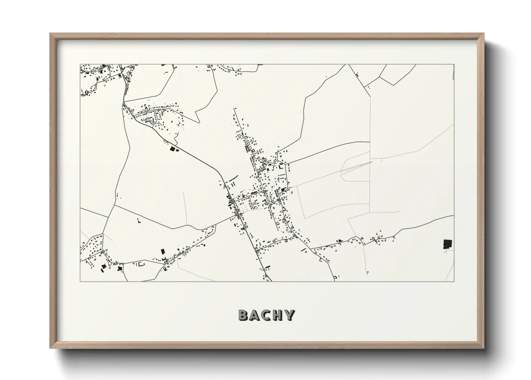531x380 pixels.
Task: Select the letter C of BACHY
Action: coord(266,315)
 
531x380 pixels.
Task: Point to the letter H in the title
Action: coord(278,315)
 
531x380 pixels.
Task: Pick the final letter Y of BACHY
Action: coord(289,315)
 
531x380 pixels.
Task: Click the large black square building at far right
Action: coord(447,244)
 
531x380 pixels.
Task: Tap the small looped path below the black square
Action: coord(445,252)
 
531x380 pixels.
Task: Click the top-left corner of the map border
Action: coord(80,65)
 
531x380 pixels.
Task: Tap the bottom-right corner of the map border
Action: coord(454,281)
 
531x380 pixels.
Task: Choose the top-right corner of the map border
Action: coord(454,65)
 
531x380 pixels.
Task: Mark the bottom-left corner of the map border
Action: coord(80,281)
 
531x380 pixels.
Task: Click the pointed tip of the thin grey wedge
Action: coord(372,162)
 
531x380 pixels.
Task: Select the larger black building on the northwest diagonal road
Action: coord(173,148)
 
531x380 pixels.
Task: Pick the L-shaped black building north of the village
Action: coord(247,148)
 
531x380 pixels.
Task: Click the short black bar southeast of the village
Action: coord(304,250)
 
